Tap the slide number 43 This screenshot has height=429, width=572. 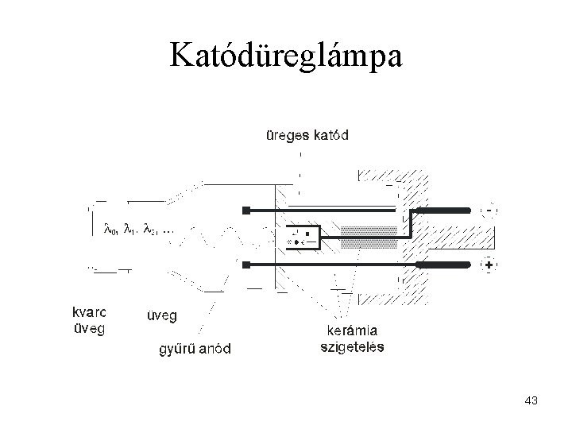(531, 402)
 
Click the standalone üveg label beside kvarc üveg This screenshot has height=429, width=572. (162, 315)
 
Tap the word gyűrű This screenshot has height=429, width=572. (178, 349)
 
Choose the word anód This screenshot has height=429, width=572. (215, 349)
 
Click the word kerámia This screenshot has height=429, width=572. (353, 331)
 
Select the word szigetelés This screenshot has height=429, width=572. (353, 347)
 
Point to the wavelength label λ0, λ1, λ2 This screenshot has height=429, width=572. (138, 230)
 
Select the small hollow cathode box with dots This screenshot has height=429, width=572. (301, 236)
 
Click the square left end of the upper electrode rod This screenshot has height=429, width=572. (247, 210)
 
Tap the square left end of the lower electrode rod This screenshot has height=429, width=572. (247, 264)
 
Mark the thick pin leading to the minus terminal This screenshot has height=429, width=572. (441, 210)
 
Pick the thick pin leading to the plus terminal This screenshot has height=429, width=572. (441, 264)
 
